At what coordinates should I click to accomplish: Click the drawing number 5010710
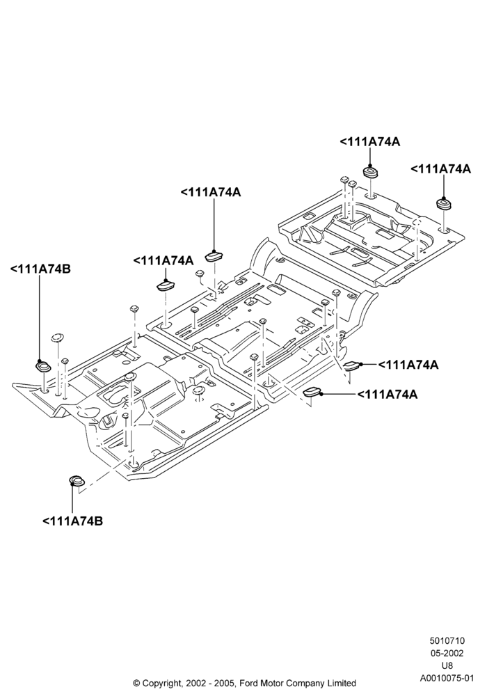[447, 640]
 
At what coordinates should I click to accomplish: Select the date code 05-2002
[447, 653]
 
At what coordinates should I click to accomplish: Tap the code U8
[447, 665]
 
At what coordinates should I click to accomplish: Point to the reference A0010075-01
[447, 678]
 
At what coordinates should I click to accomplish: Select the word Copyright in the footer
[161, 683]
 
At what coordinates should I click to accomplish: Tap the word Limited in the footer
[341, 683]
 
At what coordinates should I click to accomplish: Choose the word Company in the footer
[305, 683]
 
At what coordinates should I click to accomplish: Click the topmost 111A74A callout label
[370, 141]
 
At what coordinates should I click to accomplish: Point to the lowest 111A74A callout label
[388, 394]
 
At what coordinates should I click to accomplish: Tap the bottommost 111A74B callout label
[73, 521]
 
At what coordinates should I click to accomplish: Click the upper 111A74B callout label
[40, 269]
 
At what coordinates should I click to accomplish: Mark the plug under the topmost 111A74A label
[370, 172]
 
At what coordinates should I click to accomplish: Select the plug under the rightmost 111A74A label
[444, 204]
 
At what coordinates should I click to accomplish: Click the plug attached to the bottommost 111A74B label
[77, 481]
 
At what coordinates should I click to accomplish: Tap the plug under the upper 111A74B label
[43, 367]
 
